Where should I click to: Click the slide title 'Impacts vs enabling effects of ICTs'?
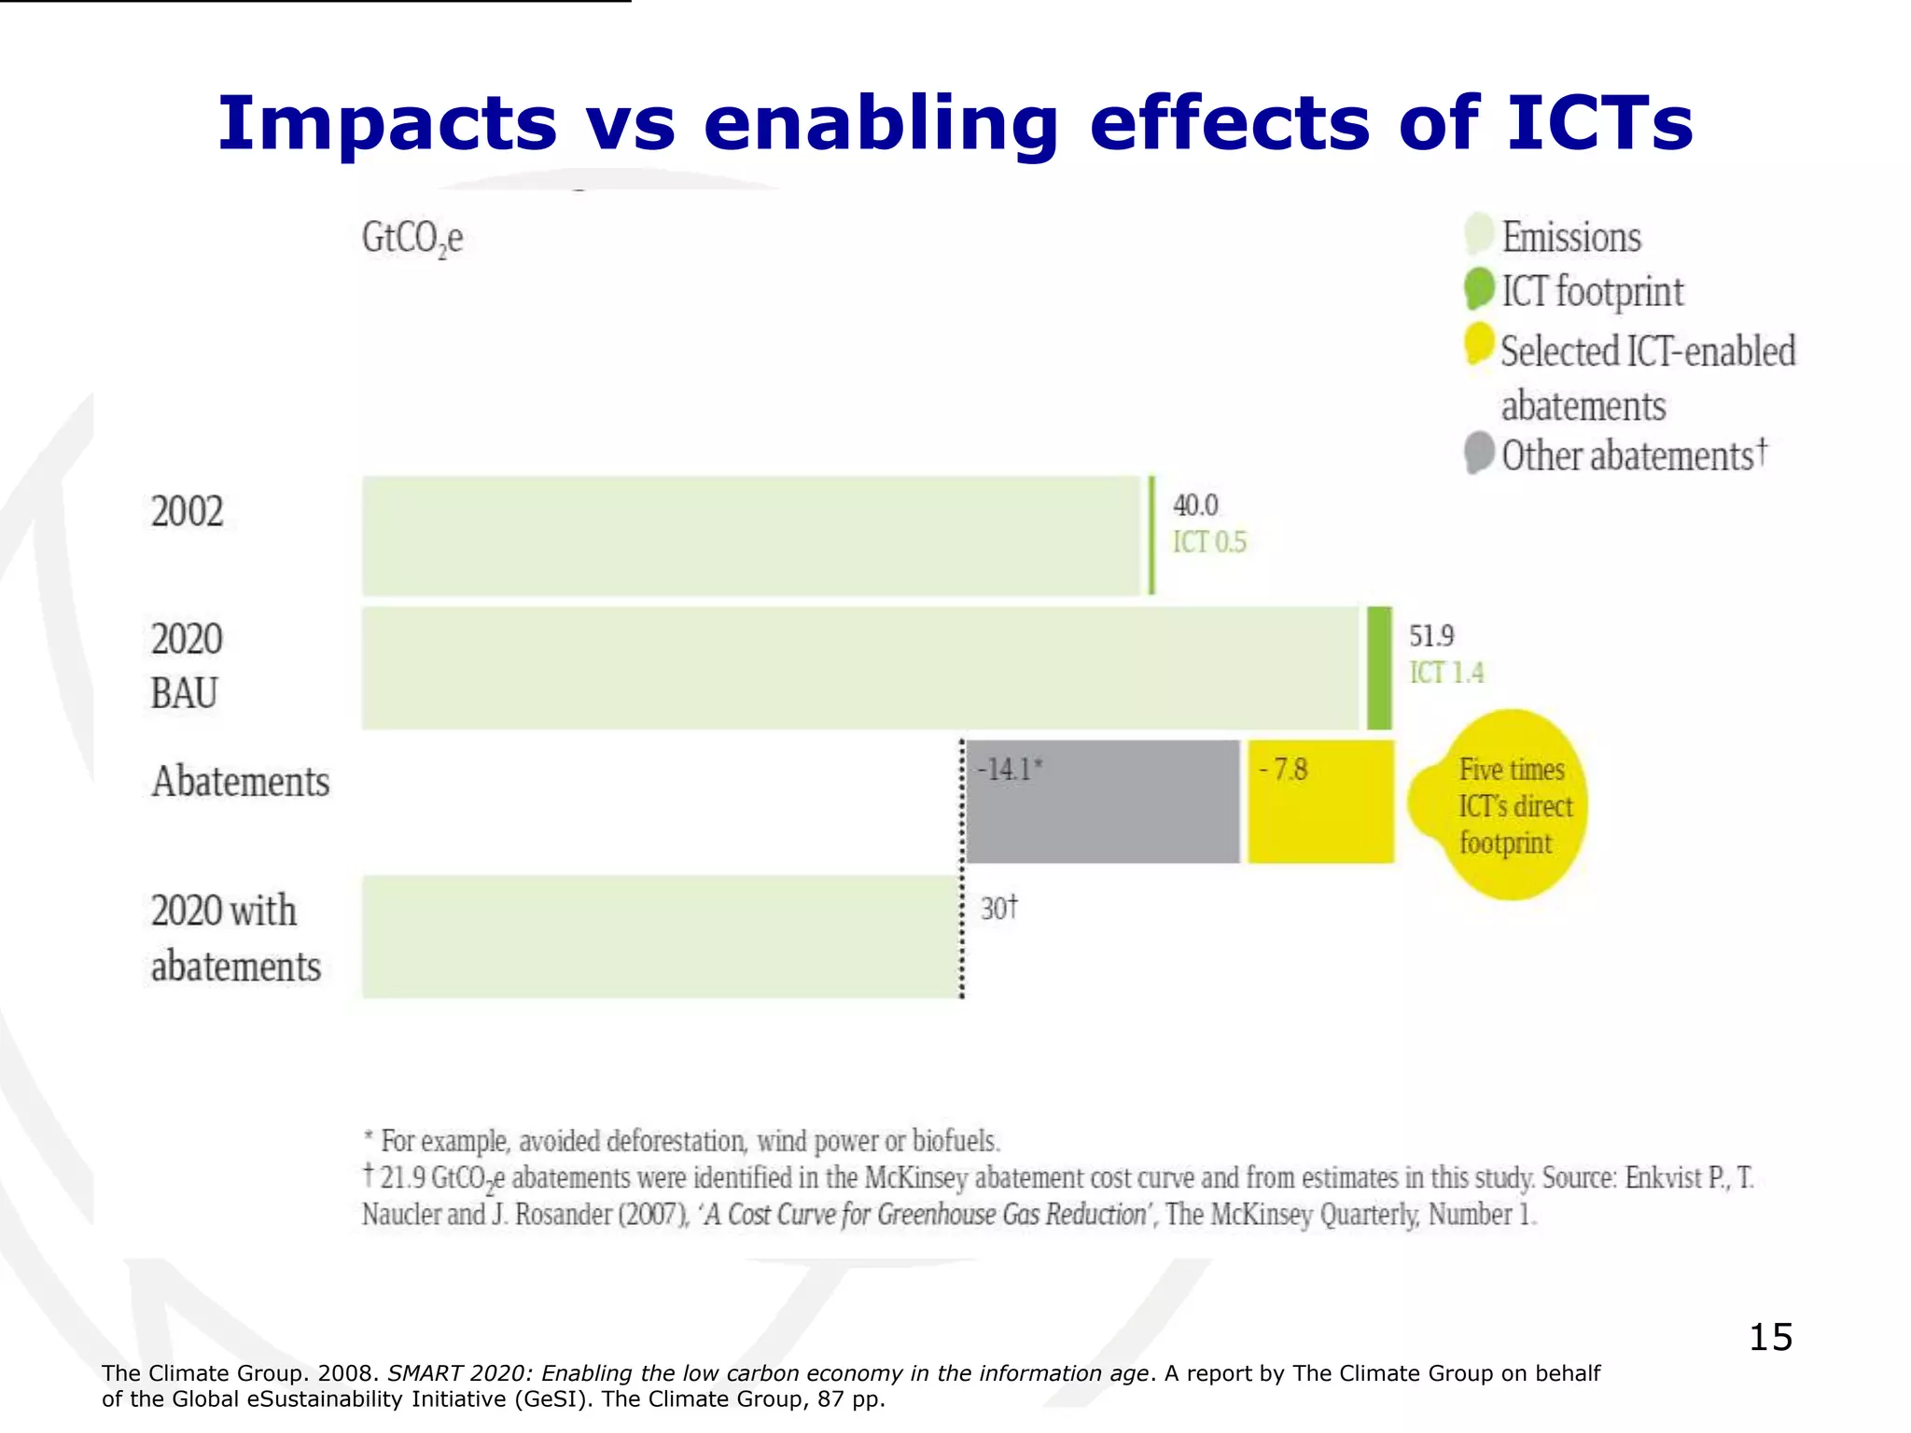tap(955, 123)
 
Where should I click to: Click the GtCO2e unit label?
tap(411, 239)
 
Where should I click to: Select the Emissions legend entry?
tap(1570, 237)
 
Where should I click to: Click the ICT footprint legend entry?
tap(1591, 291)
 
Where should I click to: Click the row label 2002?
tap(187, 511)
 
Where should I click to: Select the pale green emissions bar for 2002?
tap(751, 536)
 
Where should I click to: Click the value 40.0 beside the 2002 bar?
tap(1195, 506)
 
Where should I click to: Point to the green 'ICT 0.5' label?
tap(1209, 542)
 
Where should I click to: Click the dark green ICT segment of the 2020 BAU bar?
tap(1379, 668)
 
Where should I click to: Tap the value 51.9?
tap(1430, 636)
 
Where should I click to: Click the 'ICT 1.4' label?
tap(1445, 673)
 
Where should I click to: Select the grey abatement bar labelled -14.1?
tap(1102, 802)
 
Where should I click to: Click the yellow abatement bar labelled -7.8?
tap(1320, 802)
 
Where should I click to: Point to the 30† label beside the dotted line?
tap(998, 908)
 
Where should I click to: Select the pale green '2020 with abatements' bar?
tap(661, 937)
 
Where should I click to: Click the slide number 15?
tap(1769, 1337)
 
